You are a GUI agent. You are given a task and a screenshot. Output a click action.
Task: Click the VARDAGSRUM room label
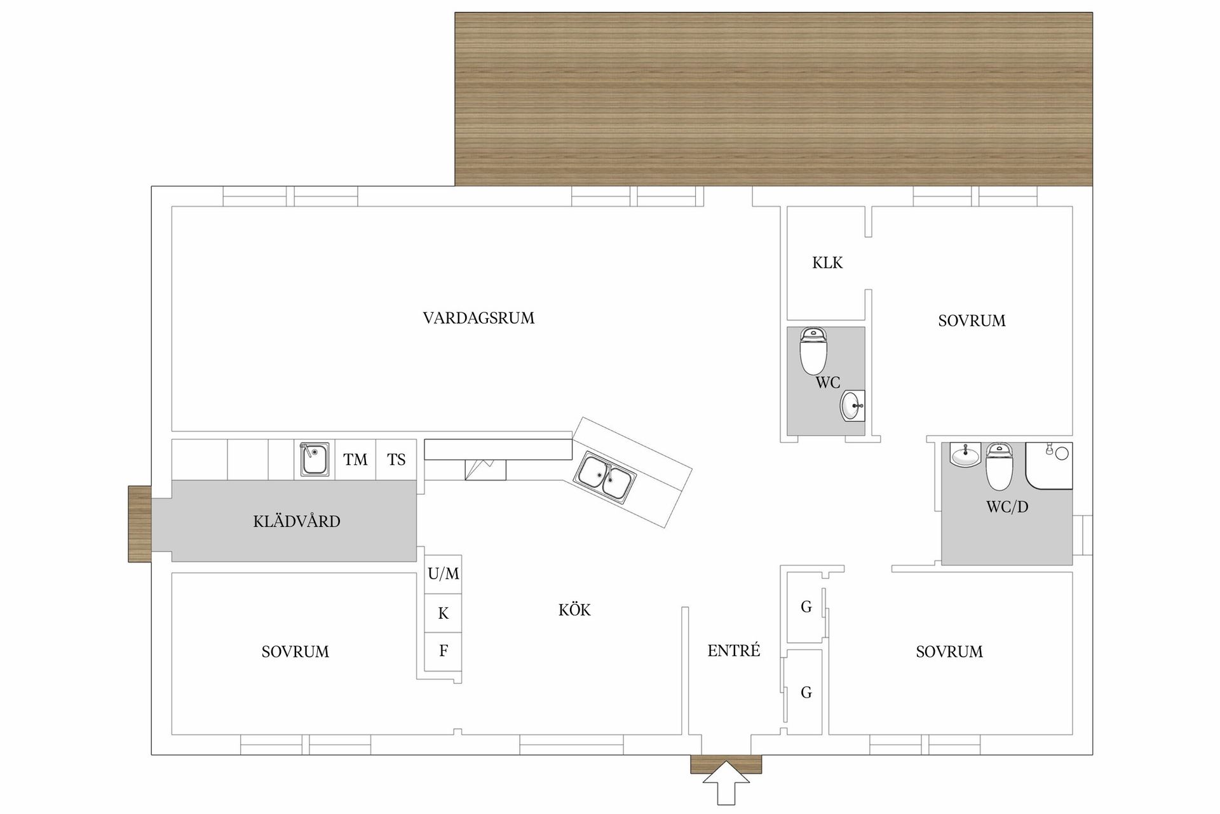coord(478,318)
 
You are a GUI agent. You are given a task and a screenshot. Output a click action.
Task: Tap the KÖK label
coord(574,610)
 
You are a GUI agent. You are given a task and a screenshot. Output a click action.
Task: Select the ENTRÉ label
coord(734,651)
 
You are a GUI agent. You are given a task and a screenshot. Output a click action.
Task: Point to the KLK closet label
coord(827,263)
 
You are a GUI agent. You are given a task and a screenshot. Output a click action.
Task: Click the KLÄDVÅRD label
coord(297,521)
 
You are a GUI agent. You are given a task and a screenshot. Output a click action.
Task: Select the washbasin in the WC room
coord(852,406)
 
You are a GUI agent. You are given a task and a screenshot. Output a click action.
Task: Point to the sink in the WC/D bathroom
coord(965,455)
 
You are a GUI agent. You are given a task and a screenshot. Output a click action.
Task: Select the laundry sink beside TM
coord(315,459)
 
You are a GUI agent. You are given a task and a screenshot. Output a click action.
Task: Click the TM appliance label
coord(355,459)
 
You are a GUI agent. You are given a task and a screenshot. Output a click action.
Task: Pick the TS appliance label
coord(396,459)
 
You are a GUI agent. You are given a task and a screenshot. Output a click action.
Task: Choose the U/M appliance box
coord(443,574)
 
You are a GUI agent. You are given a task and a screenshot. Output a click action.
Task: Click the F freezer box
coord(443,651)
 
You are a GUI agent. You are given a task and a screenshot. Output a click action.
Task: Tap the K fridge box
coord(443,613)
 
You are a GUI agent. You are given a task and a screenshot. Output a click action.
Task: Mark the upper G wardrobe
coord(806,607)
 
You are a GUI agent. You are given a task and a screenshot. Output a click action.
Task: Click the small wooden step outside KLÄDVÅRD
coord(139,523)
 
